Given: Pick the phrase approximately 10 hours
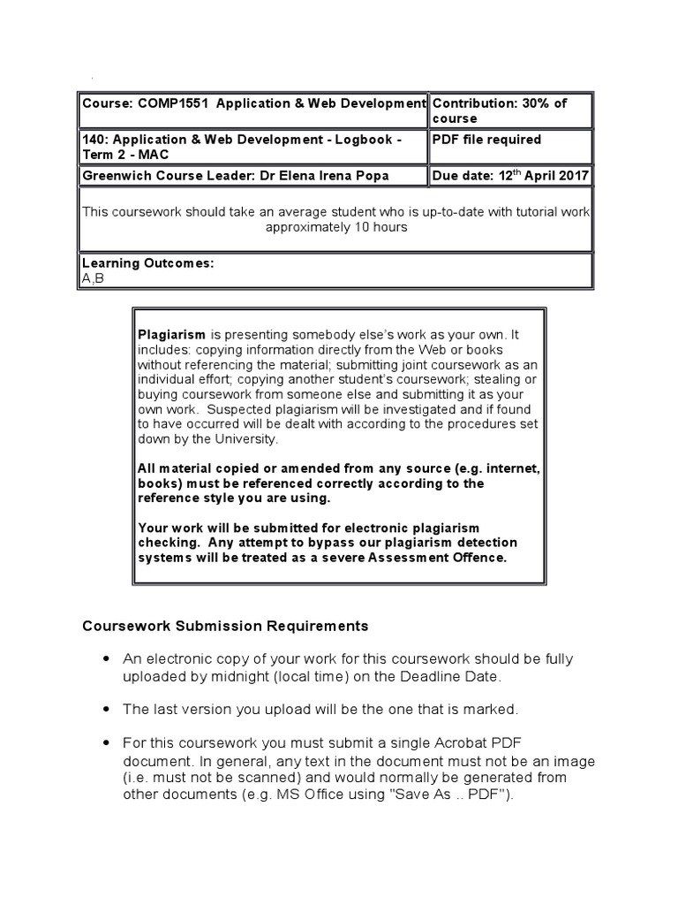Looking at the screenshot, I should (336, 226).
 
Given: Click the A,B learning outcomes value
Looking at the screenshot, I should (92, 278).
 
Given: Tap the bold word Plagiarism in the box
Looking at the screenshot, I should (172, 334).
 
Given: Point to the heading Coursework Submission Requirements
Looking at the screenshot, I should (225, 626).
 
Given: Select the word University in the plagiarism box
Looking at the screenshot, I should (249, 439).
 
